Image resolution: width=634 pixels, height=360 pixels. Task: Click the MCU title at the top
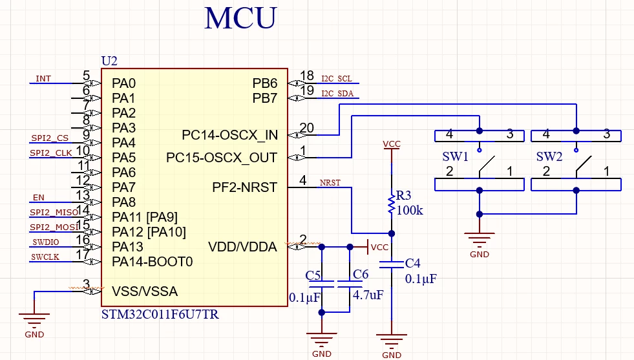(x=240, y=18)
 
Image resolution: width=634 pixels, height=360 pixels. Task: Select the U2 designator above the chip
(x=109, y=61)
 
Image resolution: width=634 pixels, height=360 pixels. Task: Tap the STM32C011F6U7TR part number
(x=160, y=314)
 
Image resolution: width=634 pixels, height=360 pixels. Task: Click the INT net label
(x=43, y=78)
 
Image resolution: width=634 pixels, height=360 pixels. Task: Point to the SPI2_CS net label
(x=50, y=138)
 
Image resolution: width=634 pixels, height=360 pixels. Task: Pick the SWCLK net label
(x=45, y=257)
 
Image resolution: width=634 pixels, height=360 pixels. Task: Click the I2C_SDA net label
(x=337, y=94)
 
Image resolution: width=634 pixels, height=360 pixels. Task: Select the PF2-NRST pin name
(x=245, y=187)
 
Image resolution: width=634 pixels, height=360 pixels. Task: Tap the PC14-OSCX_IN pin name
(x=229, y=135)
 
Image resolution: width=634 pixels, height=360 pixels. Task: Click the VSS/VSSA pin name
(x=145, y=291)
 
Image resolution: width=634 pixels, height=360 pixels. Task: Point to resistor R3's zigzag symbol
(x=392, y=204)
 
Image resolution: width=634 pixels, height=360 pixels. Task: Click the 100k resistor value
(x=410, y=210)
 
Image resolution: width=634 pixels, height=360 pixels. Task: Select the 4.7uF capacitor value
(x=368, y=295)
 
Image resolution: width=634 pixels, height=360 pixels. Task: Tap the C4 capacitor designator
(x=413, y=263)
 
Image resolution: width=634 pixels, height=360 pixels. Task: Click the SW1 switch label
(x=455, y=156)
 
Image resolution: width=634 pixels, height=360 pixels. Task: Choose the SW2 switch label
(x=549, y=156)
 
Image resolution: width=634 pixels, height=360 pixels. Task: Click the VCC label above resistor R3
(x=392, y=143)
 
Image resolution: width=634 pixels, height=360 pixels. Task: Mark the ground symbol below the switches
(x=479, y=240)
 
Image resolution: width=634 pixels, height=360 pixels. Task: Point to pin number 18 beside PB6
(x=307, y=76)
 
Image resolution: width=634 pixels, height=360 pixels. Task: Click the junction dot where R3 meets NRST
(x=392, y=233)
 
